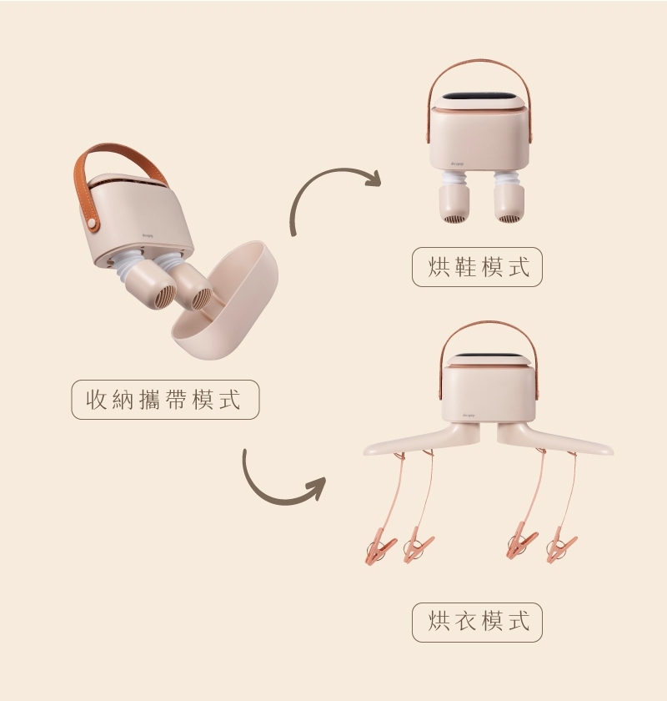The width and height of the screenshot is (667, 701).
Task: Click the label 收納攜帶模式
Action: (x=164, y=399)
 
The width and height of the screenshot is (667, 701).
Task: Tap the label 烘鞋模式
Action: (x=478, y=267)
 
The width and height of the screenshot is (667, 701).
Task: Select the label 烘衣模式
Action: (x=478, y=622)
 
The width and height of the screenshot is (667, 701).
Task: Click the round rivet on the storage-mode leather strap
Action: (x=92, y=222)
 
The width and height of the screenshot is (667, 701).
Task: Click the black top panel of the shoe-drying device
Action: (x=479, y=97)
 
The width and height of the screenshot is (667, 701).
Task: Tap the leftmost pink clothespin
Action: (x=380, y=546)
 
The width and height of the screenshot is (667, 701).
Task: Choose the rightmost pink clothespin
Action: (x=561, y=545)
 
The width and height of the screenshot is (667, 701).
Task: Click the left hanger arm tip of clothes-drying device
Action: (x=365, y=451)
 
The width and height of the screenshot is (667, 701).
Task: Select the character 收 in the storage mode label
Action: (x=97, y=399)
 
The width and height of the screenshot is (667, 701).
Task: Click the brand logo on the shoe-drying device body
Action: (x=457, y=164)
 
